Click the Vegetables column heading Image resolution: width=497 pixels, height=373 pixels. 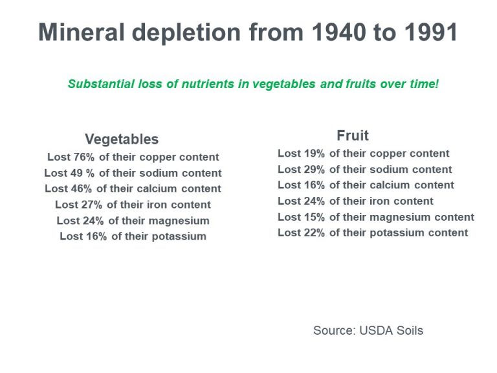122,139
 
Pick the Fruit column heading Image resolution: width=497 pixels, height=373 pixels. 353,135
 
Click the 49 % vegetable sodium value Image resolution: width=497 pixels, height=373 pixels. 82,173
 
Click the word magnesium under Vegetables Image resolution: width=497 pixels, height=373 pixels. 179,221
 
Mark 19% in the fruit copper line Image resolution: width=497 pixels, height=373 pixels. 313,153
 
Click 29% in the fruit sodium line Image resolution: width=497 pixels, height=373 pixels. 313,169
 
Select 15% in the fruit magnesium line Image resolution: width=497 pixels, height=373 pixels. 313,217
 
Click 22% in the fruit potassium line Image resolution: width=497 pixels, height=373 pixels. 313,232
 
